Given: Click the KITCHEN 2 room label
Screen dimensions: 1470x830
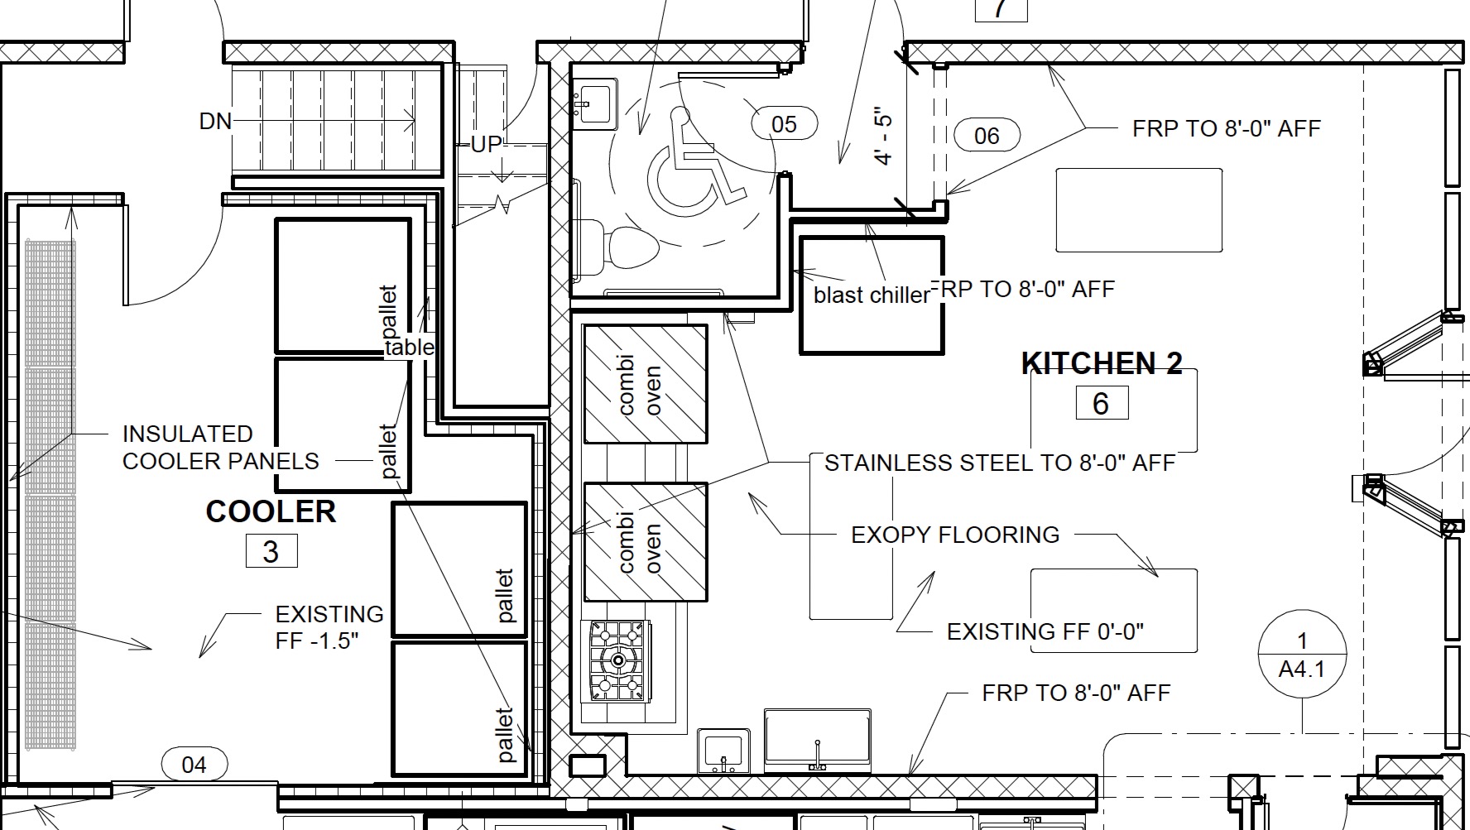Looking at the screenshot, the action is pyautogui.click(x=1102, y=363).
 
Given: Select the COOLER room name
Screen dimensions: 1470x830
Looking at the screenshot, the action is pyautogui.click(x=271, y=511).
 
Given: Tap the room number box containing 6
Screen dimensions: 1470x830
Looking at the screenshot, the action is pyautogui.click(x=1102, y=403).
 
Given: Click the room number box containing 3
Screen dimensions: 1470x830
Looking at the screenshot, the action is pyautogui.click(x=271, y=551).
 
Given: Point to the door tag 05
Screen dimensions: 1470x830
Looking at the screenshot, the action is pyautogui.click(x=784, y=124).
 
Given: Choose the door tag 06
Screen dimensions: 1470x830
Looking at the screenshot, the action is pyautogui.click(x=987, y=135).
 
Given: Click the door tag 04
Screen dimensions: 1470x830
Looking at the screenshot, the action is pyautogui.click(x=194, y=764).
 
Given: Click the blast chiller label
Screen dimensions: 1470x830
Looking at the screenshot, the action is pyautogui.click(x=872, y=295).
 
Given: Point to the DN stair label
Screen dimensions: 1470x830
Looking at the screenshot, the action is pyautogui.click(x=215, y=122).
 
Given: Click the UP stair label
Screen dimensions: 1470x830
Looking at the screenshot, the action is pyautogui.click(x=486, y=145).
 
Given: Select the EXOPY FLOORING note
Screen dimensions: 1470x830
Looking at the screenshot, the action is pyautogui.click(x=955, y=535).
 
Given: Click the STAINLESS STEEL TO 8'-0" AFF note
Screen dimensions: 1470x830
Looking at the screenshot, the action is pyautogui.click(x=1000, y=463).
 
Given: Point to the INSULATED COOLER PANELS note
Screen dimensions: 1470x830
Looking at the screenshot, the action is pyautogui.click(x=220, y=448).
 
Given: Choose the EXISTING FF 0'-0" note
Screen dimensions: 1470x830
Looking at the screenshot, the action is pyautogui.click(x=1045, y=632).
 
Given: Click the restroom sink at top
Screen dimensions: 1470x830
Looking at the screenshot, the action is pyautogui.click(x=595, y=102).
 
